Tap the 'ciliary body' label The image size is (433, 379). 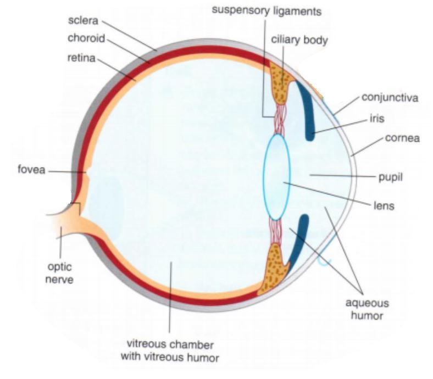pyautogui.click(x=299, y=40)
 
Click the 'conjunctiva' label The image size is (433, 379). pyautogui.click(x=390, y=98)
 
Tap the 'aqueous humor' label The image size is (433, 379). pyautogui.click(x=367, y=309)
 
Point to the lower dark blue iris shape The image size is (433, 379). pyautogui.click(x=301, y=241)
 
